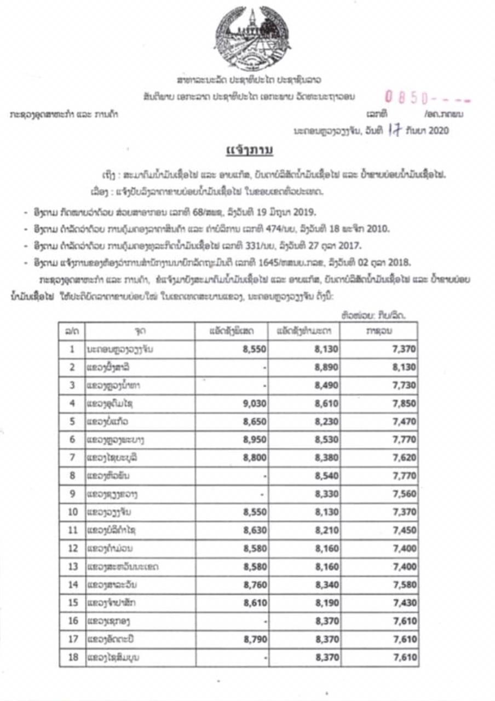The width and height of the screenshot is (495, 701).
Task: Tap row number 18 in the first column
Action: tap(72, 657)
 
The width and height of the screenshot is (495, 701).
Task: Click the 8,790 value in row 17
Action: tap(251, 639)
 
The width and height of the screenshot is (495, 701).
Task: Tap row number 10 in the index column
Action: tap(72, 512)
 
